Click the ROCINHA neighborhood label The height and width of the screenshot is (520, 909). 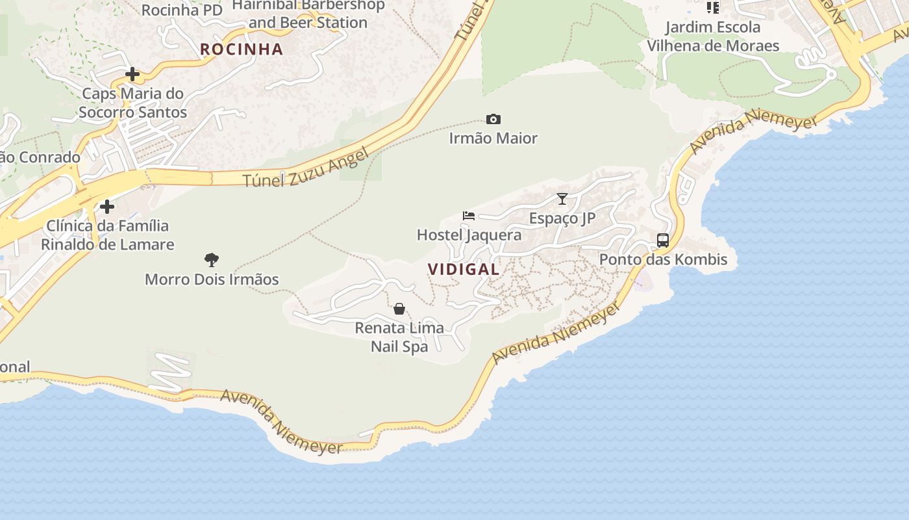point(242,49)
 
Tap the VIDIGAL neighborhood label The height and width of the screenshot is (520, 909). point(464,269)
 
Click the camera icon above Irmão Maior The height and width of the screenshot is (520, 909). point(493,120)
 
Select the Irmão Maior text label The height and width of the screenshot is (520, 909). point(493,138)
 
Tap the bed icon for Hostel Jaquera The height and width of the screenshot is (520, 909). point(469,215)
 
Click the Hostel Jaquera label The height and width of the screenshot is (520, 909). point(469,235)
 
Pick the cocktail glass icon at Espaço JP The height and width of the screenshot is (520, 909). point(562,199)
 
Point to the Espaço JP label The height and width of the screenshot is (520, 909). point(562,218)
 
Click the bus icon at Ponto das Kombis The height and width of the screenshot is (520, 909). point(663,240)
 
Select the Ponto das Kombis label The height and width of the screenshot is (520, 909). point(663,259)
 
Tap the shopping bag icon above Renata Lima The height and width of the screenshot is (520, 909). point(399,309)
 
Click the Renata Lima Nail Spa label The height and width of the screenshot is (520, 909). point(399,337)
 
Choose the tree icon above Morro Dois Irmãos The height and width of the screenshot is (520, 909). point(212,260)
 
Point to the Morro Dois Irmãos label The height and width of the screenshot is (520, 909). point(212,279)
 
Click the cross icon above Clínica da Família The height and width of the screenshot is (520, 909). point(107,207)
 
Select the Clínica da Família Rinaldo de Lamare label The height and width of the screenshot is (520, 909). point(108,235)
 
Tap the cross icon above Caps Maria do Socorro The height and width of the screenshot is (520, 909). point(132,74)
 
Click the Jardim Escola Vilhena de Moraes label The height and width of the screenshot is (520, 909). point(713,36)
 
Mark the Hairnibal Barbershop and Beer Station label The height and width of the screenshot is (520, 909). point(308,14)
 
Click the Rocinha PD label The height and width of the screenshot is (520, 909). point(182,10)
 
